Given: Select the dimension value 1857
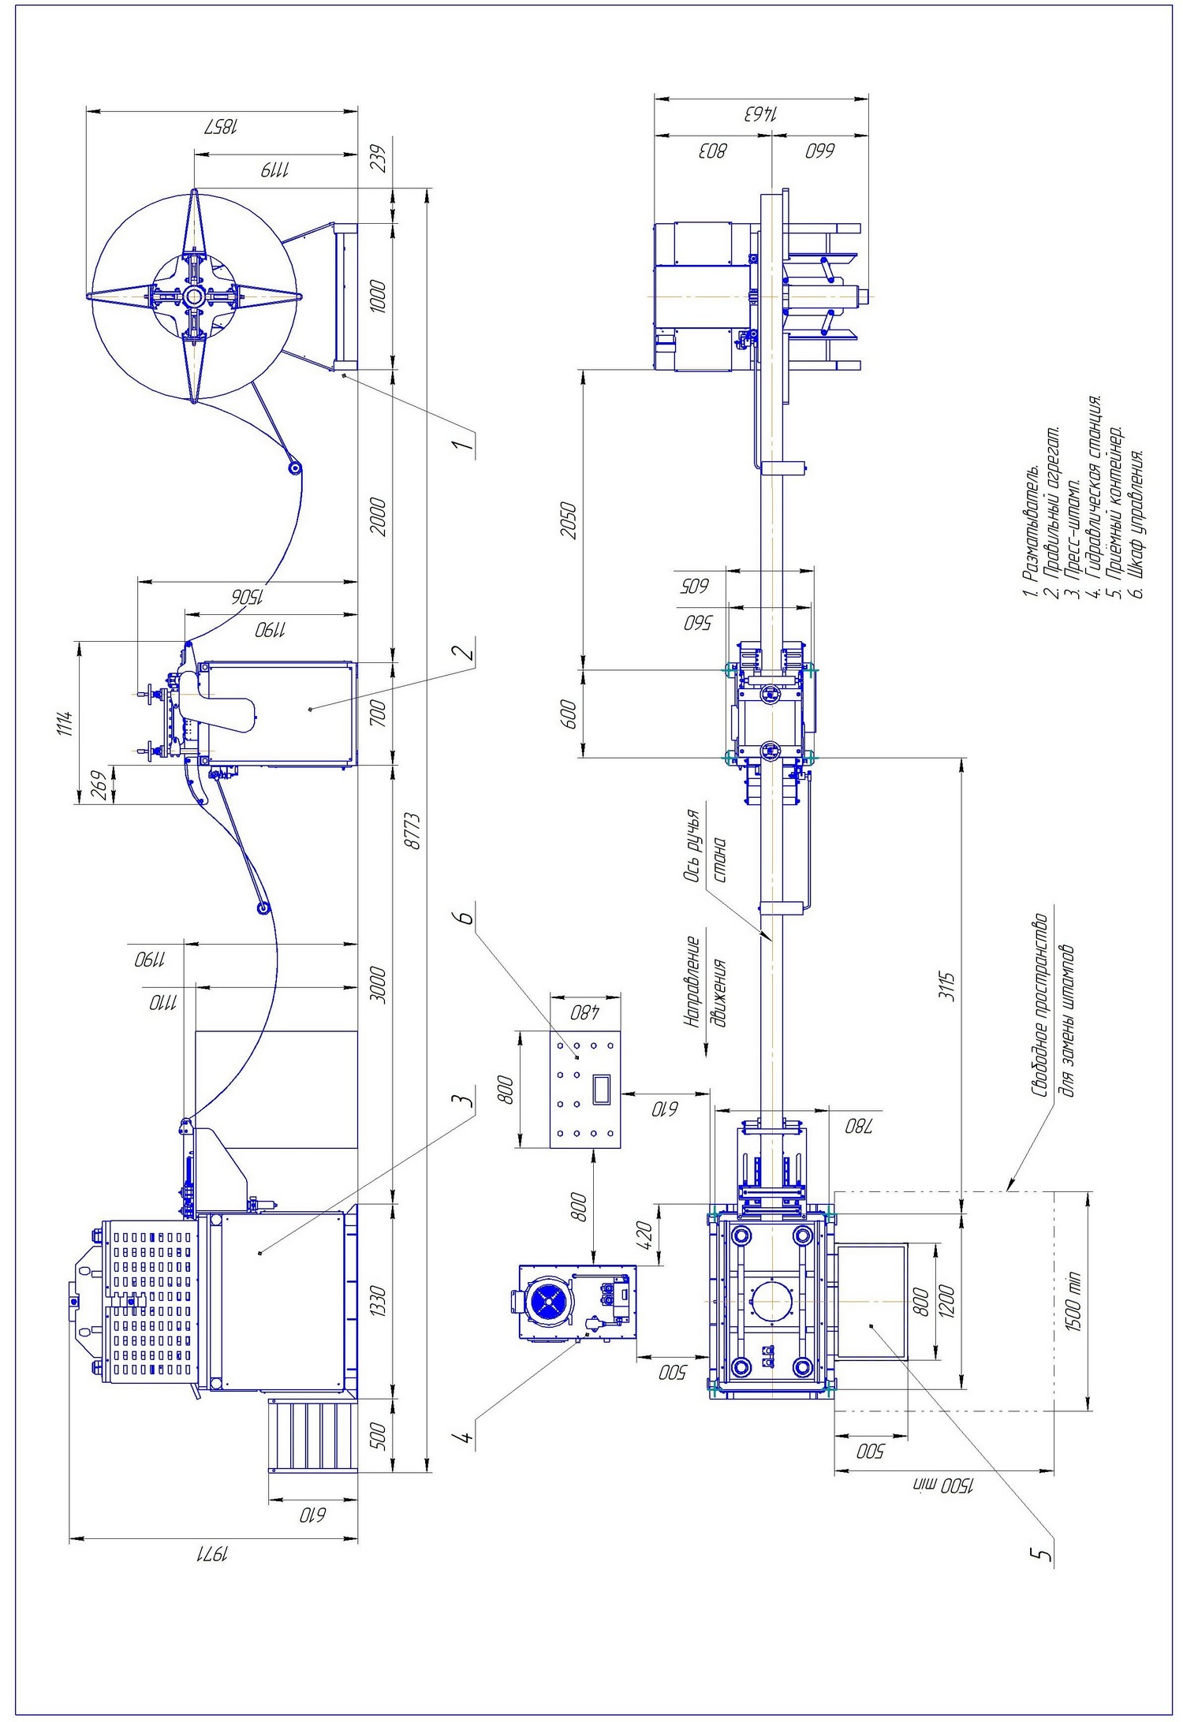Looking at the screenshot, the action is (222, 127).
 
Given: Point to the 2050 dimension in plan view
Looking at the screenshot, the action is (569, 520).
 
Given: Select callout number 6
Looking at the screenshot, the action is (466, 918).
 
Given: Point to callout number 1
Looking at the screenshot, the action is (465, 445).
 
